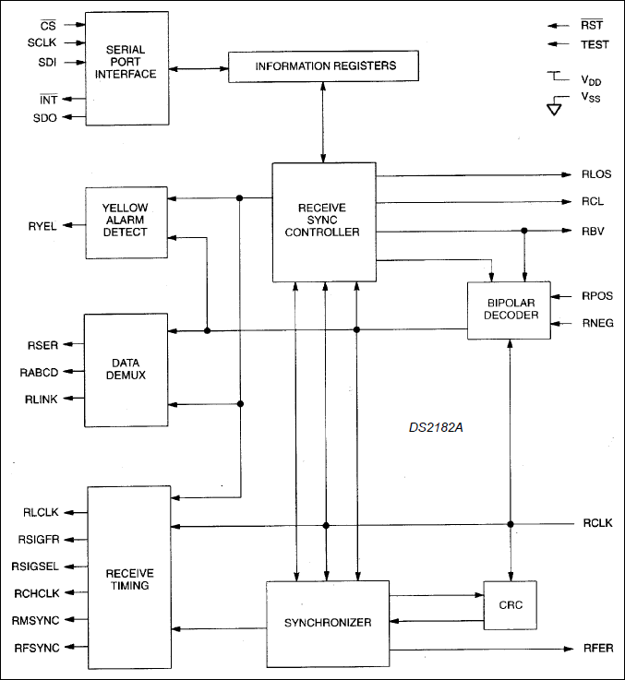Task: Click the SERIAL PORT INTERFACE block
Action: [x=126, y=67]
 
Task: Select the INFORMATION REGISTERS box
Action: [x=324, y=66]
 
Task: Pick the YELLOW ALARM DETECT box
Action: [x=126, y=222]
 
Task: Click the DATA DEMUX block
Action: [x=126, y=370]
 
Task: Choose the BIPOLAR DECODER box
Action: [x=508, y=311]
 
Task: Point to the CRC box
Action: [x=509, y=605]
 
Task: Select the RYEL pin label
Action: [x=43, y=225]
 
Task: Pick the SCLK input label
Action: [x=42, y=43]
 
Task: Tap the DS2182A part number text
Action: [x=435, y=428]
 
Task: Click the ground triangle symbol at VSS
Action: [x=555, y=108]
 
